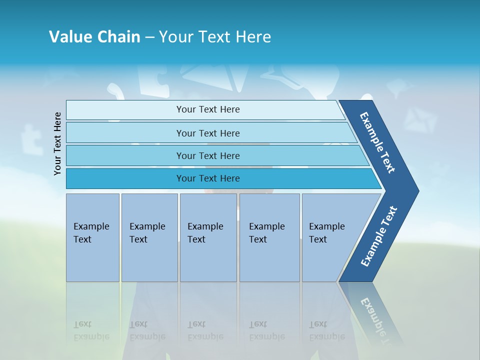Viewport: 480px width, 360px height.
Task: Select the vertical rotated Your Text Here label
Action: (57, 143)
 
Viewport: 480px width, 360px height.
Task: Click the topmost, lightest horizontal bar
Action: (207, 109)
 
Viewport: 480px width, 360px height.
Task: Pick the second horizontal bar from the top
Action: (207, 133)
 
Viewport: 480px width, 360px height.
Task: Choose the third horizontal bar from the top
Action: (207, 155)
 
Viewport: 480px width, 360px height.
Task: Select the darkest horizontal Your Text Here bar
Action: (207, 178)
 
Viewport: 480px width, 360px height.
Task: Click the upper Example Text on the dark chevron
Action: (377, 142)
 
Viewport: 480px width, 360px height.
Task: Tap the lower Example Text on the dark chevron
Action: (379, 236)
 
